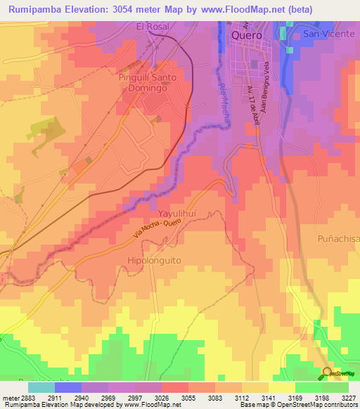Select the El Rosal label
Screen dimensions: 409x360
point(153,27)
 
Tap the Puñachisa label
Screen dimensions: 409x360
point(337,239)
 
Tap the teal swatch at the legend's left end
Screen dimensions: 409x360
point(41,387)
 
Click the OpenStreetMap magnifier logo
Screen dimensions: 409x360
point(327,372)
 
